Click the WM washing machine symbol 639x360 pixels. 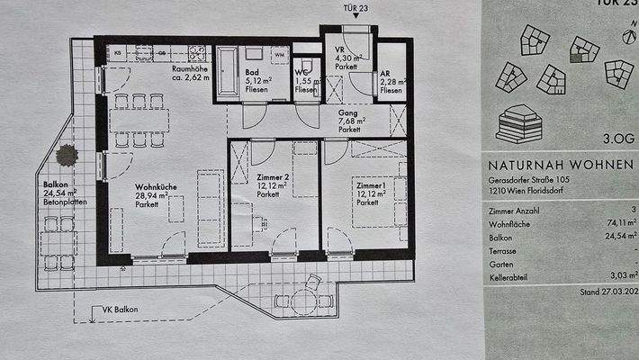coord(279,55)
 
